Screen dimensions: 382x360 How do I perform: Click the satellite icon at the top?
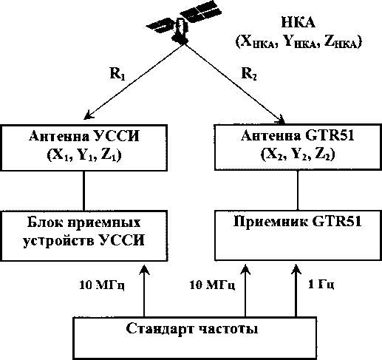[183, 24]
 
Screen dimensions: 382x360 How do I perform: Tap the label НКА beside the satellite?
[298, 23]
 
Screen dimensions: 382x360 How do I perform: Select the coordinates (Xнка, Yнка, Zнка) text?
[299, 42]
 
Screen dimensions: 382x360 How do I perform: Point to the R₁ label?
[117, 73]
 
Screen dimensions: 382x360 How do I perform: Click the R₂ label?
[249, 73]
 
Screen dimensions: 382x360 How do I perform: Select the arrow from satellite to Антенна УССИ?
[133, 81]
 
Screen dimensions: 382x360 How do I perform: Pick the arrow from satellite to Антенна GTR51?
[234, 84]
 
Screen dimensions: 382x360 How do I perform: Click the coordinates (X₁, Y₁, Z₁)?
[84, 156]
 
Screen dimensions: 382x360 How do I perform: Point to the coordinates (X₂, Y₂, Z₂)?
[298, 154]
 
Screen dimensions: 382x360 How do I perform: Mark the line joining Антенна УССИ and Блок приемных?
[83, 191]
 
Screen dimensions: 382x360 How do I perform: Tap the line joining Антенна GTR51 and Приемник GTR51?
[298, 190]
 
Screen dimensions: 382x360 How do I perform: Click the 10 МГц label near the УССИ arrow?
[102, 285]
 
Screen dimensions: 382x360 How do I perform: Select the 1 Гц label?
[321, 285]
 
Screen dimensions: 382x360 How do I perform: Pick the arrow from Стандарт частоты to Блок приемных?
[144, 291]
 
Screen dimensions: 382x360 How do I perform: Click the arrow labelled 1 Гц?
[296, 291]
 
